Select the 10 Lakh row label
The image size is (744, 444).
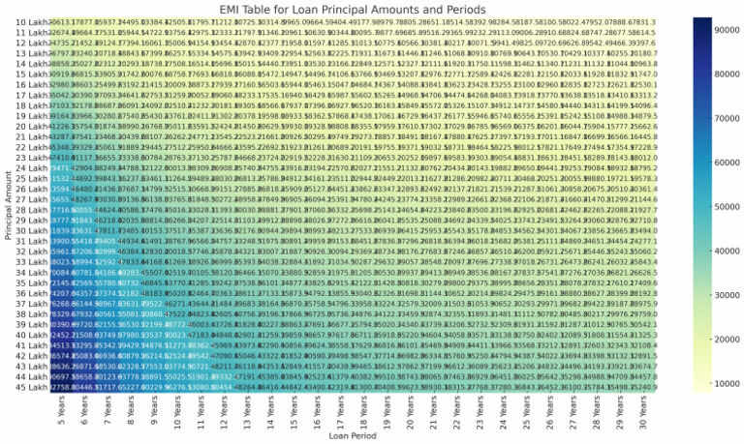pyautogui.click(x=27, y=21)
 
